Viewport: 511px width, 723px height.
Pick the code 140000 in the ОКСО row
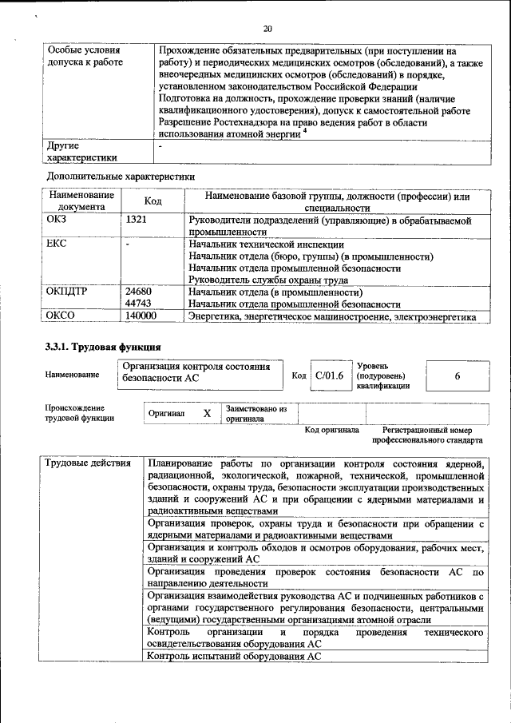coord(141,317)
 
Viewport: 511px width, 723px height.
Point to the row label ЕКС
coord(58,244)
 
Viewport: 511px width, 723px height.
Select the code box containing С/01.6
coord(329,375)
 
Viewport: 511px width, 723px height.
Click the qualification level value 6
coord(458,375)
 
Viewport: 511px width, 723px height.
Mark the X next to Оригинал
coord(206,413)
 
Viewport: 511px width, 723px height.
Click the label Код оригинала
coord(331,430)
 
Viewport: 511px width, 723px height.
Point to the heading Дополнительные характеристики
coord(121,175)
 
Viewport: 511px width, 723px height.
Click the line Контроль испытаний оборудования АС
coord(234,656)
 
